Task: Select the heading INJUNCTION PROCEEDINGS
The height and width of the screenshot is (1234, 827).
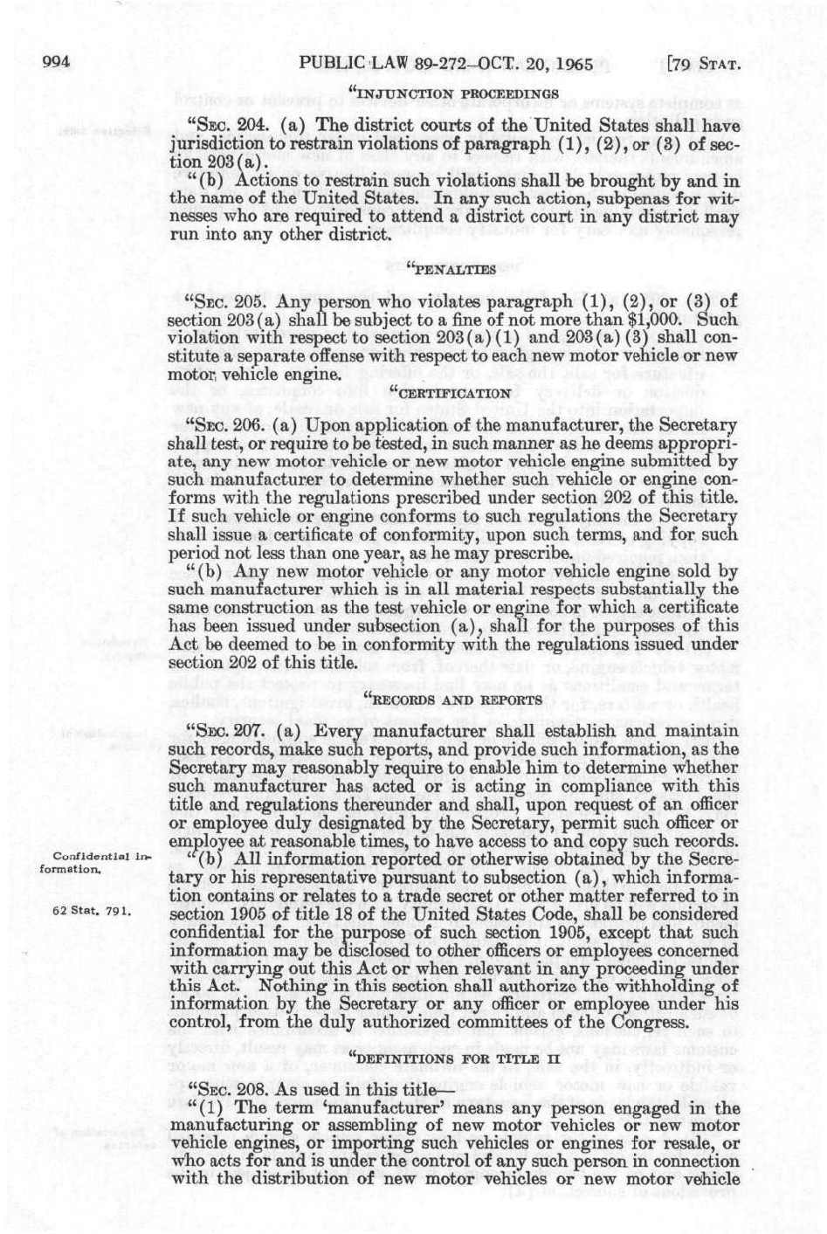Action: click(452, 92)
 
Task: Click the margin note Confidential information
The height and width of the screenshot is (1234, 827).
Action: click(96, 862)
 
